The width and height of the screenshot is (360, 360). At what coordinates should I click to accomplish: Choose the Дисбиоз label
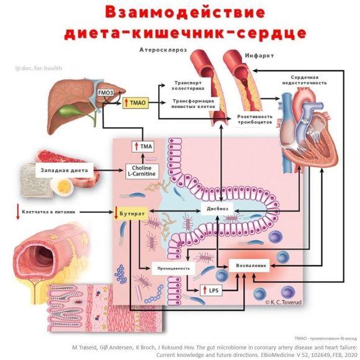click(x=218, y=209)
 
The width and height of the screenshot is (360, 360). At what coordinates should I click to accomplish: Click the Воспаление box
click(x=251, y=265)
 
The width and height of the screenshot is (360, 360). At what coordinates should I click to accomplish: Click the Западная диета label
click(x=64, y=169)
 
